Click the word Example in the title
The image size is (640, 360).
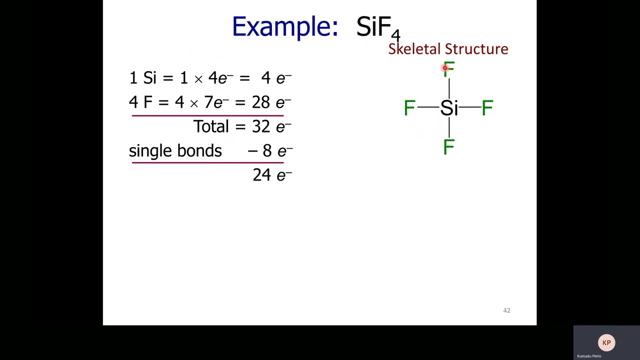point(284,26)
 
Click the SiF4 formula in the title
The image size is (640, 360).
point(378,27)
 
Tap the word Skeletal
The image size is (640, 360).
point(413,49)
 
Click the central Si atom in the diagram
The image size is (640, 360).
point(449,108)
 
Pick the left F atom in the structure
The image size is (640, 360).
point(409,108)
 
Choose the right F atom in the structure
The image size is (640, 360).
point(487,108)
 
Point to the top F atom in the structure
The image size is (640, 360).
point(449,69)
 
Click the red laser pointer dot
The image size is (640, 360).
point(444,68)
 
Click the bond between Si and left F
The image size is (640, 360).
point(427,107)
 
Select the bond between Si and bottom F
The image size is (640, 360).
point(449,128)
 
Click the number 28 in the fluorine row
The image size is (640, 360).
point(260,102)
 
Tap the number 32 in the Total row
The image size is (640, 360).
point(261,126)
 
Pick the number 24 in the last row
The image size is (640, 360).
point(261,175)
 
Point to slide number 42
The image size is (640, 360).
point(506,310)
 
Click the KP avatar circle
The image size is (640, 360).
point(606,343)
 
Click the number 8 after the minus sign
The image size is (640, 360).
point(267,151)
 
